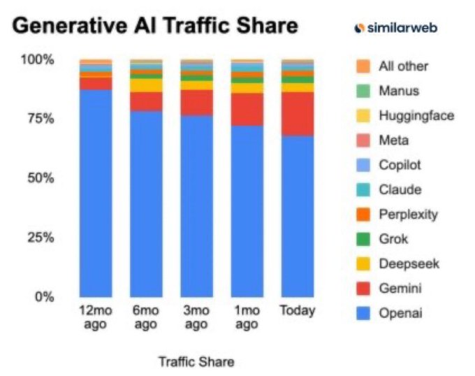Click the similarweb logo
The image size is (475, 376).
[399, 27]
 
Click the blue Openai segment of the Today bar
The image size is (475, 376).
[298, 217]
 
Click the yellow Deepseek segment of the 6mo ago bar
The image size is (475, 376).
[146, 85]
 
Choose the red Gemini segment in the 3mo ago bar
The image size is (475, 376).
[196, 102]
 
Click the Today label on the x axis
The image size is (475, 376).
[298, 310]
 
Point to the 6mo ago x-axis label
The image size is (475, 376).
[146, 317]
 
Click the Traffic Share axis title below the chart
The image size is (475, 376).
[196, 361]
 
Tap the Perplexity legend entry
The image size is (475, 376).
[408, 214]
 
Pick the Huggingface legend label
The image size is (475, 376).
[416, 115]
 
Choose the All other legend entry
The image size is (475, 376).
[403, 66]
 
